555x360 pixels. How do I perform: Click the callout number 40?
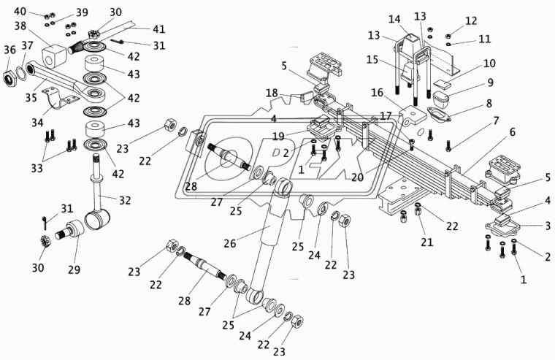(20, 12)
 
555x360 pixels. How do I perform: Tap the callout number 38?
(20, 26)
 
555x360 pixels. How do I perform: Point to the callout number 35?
(31, 97)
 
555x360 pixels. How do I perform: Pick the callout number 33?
(37, 168)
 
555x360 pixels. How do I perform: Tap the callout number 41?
(159, 28)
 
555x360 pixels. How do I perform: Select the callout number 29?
(74, 269)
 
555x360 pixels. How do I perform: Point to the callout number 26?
(230, 243)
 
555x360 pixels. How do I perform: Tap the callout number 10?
(489, 64)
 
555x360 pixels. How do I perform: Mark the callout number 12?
(471, 20)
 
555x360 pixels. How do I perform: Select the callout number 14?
(394, 19)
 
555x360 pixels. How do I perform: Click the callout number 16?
(378, 93)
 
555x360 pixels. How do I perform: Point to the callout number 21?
(427, 242)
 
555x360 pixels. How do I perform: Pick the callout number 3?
(547, 225)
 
